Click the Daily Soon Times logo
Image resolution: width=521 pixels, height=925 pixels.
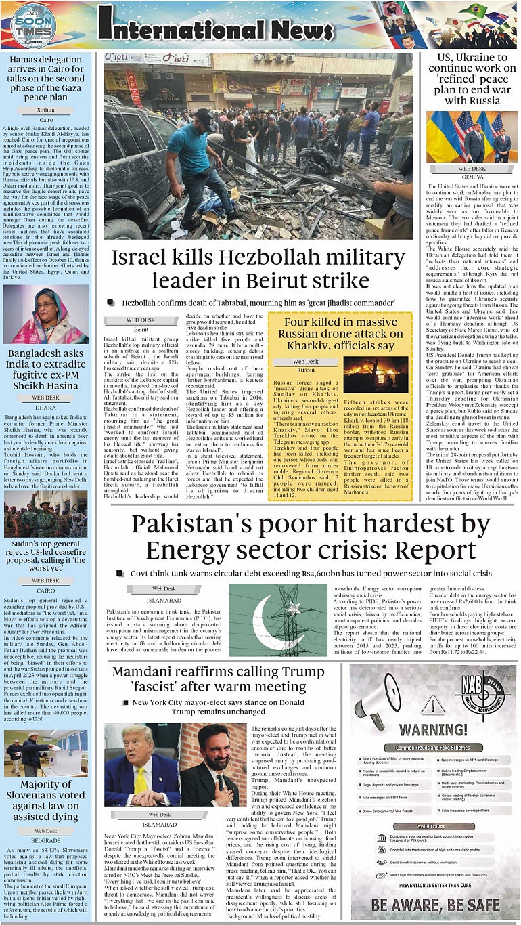[32, 26]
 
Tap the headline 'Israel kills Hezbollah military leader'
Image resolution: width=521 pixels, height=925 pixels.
[258, 268]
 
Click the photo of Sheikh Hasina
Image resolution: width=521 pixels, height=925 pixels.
[46, 315]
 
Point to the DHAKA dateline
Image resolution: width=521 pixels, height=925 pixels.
[45, 408]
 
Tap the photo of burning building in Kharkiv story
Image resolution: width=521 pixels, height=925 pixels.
[376, 375]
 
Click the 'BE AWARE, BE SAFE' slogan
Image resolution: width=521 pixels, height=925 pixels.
[435, 904]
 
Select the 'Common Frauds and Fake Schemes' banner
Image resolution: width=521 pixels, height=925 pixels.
[432, 748]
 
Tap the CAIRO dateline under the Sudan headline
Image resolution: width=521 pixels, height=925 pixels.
[45, 590]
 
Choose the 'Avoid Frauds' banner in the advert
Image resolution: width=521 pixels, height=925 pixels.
[432, 825]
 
